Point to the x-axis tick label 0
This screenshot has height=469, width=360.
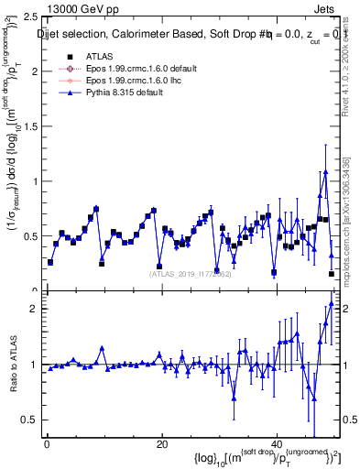[x=47, y=444]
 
